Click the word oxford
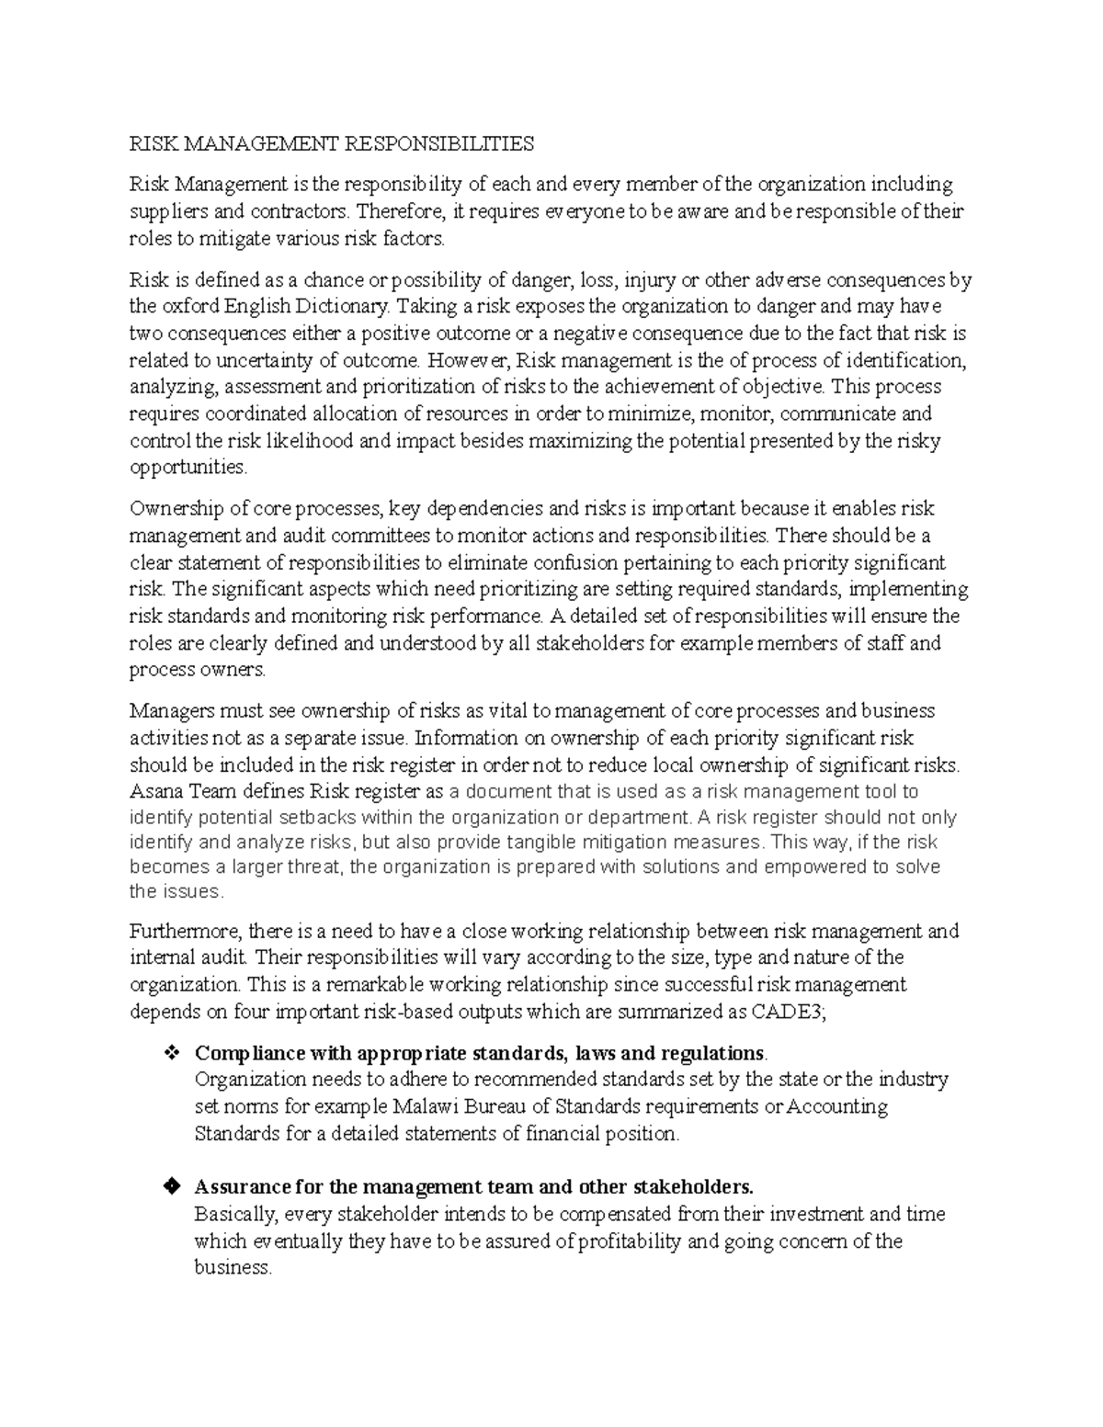(189, 306)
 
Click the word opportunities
(188, 468)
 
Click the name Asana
(155, 792)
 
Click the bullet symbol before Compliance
(170, 1053)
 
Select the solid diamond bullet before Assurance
(170, 1187)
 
